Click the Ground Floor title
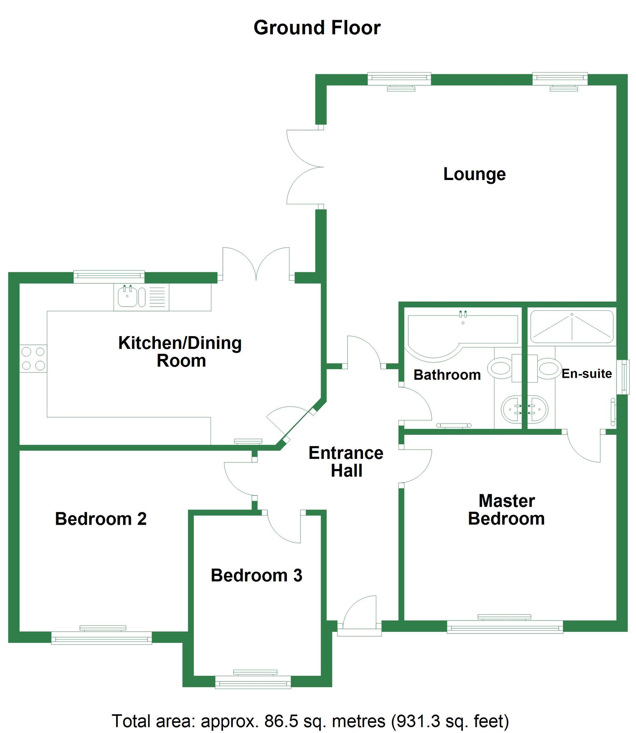(317, 28)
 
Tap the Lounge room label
(474, 174)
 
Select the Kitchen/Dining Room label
(180, 352)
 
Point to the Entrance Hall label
(346, 462)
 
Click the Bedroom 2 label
(101, 519)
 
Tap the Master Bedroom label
(507, 510)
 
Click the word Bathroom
(447, 375)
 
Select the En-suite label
(587, 373)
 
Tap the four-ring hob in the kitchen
(33, 358)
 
